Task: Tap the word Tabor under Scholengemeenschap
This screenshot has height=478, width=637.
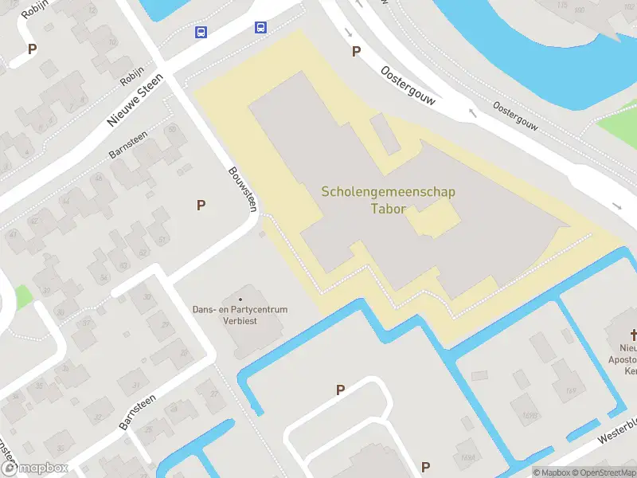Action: coord(389,210)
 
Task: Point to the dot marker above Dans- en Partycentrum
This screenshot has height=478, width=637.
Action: coord(240,300)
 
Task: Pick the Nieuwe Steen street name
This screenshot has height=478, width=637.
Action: coord(135,100)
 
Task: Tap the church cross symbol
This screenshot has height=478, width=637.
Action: coord(635,335)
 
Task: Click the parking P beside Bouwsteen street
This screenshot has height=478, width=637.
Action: coord(201,206)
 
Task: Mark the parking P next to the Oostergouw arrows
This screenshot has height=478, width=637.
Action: coord(356,52)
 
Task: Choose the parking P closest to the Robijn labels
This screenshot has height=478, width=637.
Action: coord(33,49)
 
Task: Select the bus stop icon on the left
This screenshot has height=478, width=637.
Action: coord(201,33)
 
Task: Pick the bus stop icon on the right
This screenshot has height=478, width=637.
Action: coord(260,27)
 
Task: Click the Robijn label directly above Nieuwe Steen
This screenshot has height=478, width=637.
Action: coord(131,76)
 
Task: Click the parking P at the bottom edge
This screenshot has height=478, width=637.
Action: coord(425,467)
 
